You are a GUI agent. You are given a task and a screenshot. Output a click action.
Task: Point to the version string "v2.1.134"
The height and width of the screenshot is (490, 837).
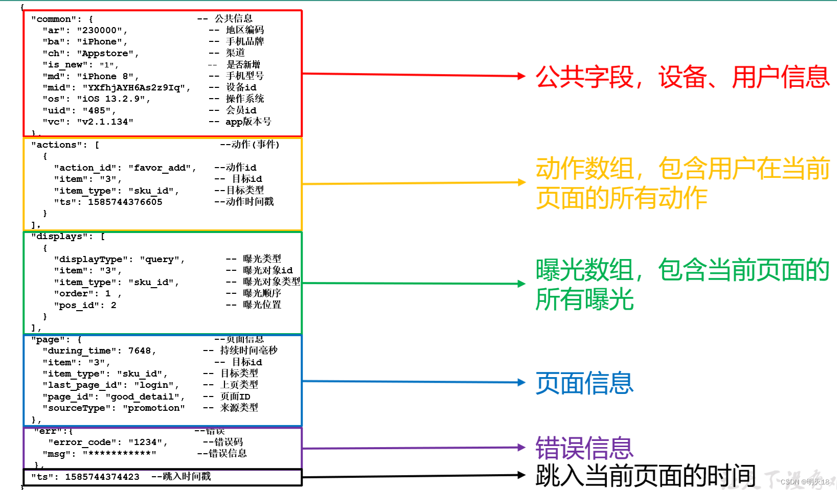coord(105,122)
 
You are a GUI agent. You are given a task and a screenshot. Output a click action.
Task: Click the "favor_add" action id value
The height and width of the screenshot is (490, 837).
coord(160,168)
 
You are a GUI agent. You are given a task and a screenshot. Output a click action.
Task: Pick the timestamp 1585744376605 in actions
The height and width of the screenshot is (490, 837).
coord(125,202)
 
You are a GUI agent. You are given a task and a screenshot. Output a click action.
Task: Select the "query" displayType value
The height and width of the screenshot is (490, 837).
coord(160,260)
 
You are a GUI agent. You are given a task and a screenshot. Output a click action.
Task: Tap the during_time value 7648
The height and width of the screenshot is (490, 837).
coord(140,351)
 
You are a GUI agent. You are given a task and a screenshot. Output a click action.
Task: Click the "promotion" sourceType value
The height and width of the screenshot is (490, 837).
coord(154,408)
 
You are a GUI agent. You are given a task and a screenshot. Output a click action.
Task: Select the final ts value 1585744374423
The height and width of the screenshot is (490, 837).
coord(102,477)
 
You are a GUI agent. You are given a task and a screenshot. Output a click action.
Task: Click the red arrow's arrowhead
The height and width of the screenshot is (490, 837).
coord(522,76)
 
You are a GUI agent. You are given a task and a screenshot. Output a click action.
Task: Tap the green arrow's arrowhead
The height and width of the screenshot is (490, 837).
coord(522,284)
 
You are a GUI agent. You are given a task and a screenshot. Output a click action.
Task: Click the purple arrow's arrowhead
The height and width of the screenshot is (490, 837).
coord(522,448)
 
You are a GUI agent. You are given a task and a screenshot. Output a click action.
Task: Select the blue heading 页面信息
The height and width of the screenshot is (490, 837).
coord(584,383)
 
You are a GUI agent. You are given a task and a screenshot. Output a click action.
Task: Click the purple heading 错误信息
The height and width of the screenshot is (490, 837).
coord(584,448)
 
